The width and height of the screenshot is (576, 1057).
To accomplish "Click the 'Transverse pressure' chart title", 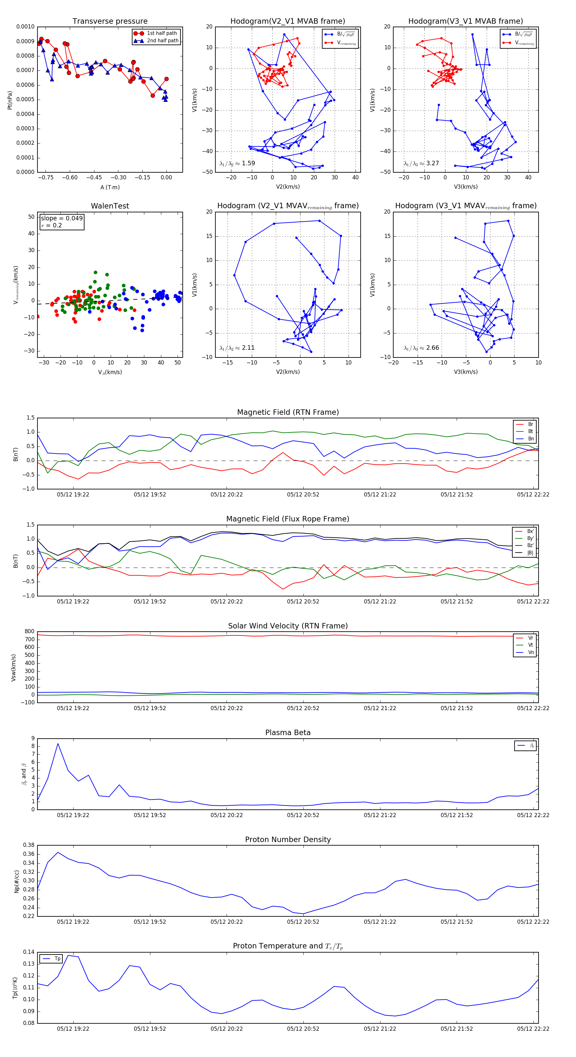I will point(110,21).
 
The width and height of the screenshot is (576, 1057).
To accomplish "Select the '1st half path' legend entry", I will point(162,33).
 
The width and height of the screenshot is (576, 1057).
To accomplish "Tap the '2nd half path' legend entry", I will point(162,41).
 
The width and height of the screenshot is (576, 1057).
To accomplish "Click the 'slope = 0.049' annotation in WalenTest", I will point(61,218).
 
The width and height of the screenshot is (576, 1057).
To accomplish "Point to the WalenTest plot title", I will point(110,206).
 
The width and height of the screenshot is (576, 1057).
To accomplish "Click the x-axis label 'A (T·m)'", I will point(110,187).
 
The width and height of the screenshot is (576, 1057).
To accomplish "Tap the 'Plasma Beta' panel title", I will point(288,733).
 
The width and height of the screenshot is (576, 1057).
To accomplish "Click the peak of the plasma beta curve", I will point(58,743).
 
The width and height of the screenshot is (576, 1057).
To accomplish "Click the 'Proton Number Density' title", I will point(288,840).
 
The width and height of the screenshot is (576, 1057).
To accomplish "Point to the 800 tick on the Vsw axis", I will point(29,632).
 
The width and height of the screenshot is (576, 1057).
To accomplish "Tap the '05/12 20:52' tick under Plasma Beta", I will point(303,815).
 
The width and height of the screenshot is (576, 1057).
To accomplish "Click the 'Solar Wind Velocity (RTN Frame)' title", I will point(288,626).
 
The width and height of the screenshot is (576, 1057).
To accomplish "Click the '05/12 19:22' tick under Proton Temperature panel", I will point(73,1029).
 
